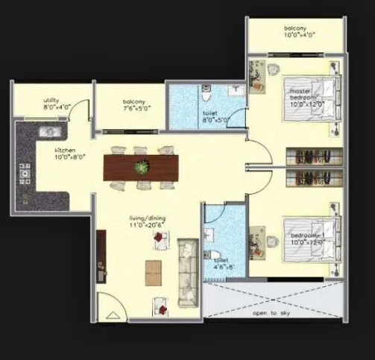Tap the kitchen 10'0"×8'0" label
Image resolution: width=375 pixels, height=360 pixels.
coord(66,154)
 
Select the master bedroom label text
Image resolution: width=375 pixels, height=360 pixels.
coord(306,95)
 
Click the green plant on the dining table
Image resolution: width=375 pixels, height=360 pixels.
coord(141,168)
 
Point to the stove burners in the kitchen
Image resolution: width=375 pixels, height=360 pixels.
coord(25,176)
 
